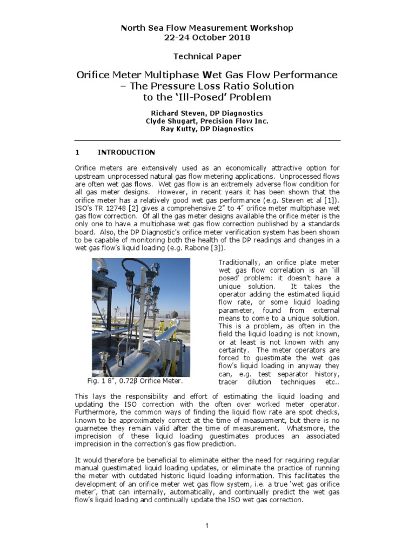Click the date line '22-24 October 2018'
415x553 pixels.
(x=207, y=37)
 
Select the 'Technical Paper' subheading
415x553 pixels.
(x=207, y=56)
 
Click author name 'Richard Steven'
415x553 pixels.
(x=176, y=113)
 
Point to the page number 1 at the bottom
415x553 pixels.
(x=207, y=526)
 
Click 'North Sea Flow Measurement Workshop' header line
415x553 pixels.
(x=207, y=28)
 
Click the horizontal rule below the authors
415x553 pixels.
(x=207, y=140)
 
